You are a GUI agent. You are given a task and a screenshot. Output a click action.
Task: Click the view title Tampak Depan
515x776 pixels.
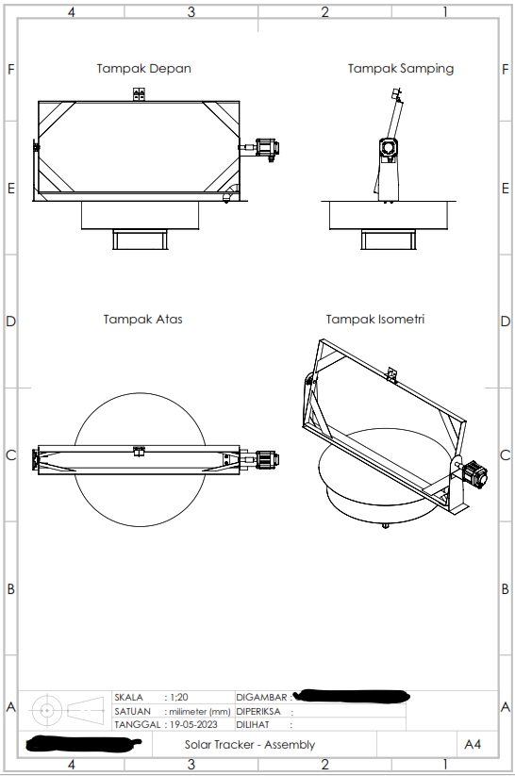click(x=144, y=69)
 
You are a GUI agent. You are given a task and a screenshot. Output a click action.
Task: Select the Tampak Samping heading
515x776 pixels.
click(x=400, y=69)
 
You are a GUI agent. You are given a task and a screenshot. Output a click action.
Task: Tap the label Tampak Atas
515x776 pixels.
click(x=142, y=320)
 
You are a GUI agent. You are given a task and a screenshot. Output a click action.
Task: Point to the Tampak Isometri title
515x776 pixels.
click(x=374, y=320)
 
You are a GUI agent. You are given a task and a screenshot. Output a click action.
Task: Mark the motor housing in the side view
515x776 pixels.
click(x=388, y=148)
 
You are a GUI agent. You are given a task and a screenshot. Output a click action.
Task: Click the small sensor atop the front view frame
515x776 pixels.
click(x=139, y=92)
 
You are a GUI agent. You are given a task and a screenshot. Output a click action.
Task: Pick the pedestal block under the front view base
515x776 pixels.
click(x=140, y=239)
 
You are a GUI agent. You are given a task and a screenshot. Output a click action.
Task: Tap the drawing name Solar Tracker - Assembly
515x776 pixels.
click(x=250, y=745)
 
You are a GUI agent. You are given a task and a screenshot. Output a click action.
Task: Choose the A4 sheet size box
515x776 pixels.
click(x=473, y=745)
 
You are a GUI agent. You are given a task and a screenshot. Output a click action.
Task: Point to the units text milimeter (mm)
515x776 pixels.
click(x=200, y=711)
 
